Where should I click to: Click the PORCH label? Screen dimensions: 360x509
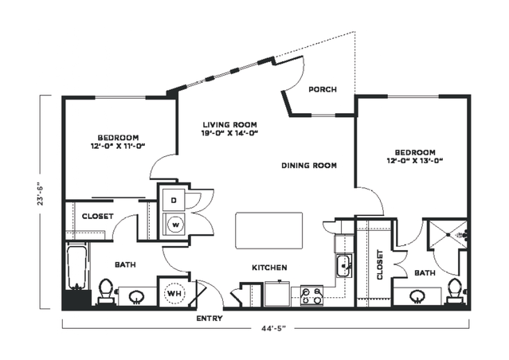point(322,89)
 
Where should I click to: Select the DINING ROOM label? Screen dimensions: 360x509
point(309,166)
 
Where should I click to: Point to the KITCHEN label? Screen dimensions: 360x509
point(269,268)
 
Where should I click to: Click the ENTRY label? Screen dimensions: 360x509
point(209,319)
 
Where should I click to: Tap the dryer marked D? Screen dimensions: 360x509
point(174,199)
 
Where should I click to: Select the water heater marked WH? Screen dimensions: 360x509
point(174,292)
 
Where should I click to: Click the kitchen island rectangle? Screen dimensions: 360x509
point(269,230)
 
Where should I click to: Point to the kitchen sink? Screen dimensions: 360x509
point(344,265)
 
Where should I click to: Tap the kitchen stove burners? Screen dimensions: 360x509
point(311,296)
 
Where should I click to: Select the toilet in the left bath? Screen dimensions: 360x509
point(106,291)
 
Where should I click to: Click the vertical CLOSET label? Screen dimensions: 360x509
point(379,265)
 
